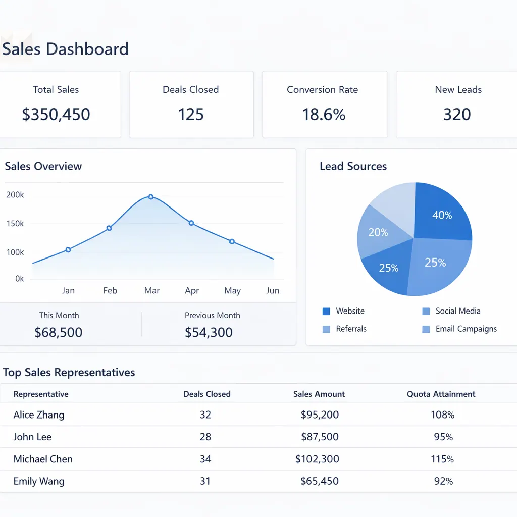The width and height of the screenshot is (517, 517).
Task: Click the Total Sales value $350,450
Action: [56, 114]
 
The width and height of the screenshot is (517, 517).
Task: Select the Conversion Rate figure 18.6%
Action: [324, 114]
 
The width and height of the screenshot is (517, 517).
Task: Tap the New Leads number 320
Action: [457, 114]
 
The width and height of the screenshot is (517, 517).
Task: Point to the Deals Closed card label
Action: [190, 90]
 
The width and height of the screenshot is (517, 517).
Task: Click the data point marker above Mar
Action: [151, 197]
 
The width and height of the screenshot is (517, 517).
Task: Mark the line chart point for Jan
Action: [68, 249]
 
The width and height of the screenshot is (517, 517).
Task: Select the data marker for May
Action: [232, 241]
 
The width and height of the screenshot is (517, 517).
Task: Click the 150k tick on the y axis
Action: [15, 224]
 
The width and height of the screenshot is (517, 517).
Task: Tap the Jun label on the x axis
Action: [273, 291]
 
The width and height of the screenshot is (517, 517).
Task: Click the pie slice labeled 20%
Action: [378, 233]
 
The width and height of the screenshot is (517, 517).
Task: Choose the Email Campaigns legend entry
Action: [466, 329]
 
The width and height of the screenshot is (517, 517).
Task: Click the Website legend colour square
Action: [326, 312]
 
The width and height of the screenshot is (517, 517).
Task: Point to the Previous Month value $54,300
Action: [209, 332]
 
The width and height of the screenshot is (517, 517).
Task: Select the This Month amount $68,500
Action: [59, 332]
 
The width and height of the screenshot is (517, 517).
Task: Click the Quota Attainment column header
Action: [441, 394]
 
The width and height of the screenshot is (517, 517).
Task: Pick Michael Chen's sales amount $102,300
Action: [317, 459]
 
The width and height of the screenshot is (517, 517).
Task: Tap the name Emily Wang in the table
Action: [39, 481]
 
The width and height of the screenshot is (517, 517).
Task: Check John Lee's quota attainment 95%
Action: [443, 437]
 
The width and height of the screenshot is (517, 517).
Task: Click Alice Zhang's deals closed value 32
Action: [205, 415]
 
